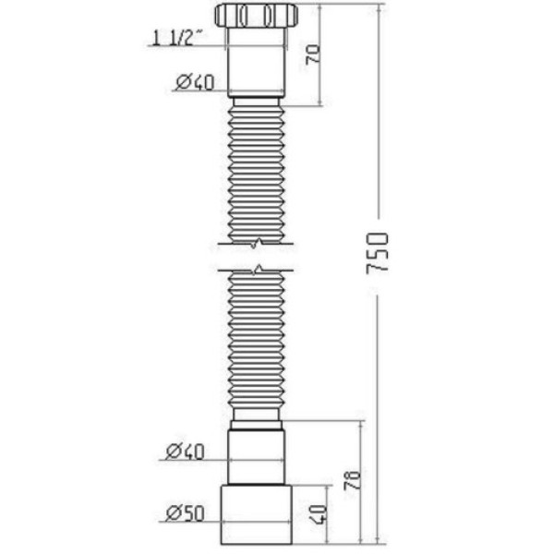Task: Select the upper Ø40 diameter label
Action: [x=194, y=82]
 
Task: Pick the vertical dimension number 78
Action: [x=351, y=479]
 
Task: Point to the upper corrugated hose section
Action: [x=256, y=171]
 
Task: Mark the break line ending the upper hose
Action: [x=256, y=243]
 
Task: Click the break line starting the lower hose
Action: [x=256, y=270]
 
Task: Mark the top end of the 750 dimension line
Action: [x=379, y=5]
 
